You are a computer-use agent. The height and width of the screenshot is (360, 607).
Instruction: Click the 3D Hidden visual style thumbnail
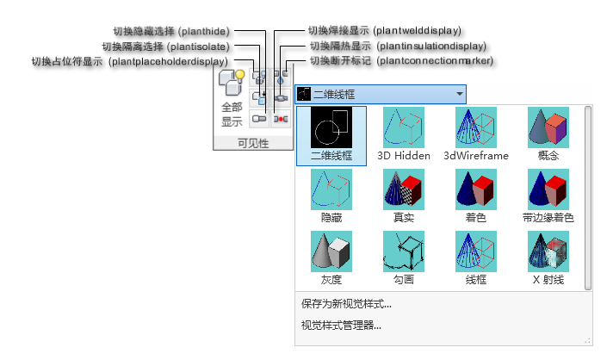(x=404, y=127)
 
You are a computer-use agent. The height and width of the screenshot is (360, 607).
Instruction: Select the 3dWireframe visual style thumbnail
(x=476, y=127)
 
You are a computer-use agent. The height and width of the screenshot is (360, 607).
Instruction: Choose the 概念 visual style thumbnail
(x=548, y=127)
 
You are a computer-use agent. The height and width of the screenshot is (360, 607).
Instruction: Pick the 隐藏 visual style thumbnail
(x=331, y=189)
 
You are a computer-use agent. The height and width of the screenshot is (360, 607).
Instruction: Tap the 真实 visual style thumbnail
(x=404, y=189)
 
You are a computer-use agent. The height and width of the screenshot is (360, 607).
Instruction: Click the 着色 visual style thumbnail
(x=476, y=189)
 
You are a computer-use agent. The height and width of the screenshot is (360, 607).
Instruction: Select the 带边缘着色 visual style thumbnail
(x=548, y=189)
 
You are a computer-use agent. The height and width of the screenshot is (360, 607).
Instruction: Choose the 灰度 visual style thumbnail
(x=331, y=251)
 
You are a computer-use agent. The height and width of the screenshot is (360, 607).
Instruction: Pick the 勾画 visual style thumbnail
(x=404, y=251)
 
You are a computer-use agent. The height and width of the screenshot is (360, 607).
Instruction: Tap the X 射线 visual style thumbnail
(x=548, y=251)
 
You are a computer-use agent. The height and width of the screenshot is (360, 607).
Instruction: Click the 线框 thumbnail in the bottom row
(x=476, y=251)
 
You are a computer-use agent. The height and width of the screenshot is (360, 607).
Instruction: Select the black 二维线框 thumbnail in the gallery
(x=331, y=127)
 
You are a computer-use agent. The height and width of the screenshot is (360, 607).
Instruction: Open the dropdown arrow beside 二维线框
(x=460, y=94)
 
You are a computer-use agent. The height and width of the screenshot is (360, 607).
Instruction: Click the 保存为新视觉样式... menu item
(x=346, y=304)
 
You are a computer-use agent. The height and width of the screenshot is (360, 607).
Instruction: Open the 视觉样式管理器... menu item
(x=341, y=326)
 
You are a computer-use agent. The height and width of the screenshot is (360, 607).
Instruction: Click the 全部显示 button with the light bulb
(x=232, y=98)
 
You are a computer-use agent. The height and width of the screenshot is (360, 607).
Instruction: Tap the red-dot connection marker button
(x=281, y=119)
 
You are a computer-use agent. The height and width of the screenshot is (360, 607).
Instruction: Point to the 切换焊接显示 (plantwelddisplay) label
(x=384, y=30)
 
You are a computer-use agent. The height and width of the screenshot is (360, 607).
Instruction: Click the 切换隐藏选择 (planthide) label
(x=171, y=31)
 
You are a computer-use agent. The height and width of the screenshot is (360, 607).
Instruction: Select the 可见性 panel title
(x=253, y=144)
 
